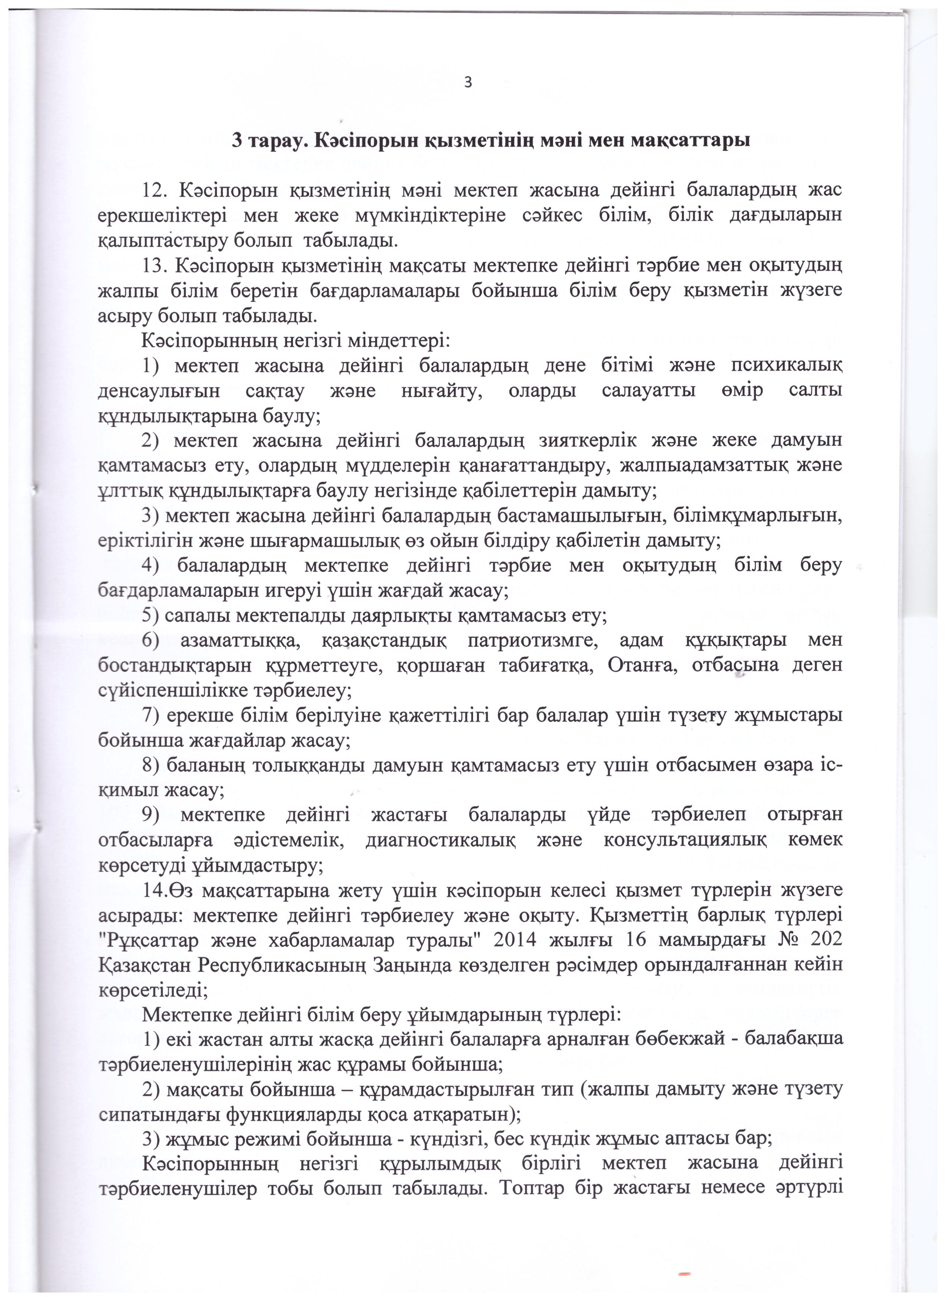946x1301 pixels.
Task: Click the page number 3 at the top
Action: point(467,83)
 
